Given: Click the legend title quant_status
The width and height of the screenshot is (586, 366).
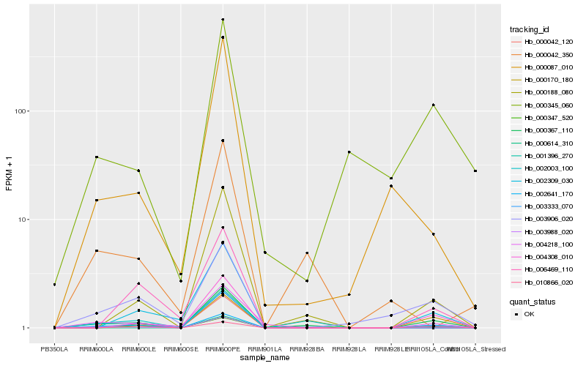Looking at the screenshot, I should click(x=533, y=301).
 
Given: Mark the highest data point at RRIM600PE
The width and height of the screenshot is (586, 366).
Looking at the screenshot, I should click(x=223, y=20).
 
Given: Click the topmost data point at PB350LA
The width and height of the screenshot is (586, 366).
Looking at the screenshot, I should click(x=55, y=285).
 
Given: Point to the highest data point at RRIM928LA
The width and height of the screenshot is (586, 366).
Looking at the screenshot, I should click(x=349, y=152).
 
